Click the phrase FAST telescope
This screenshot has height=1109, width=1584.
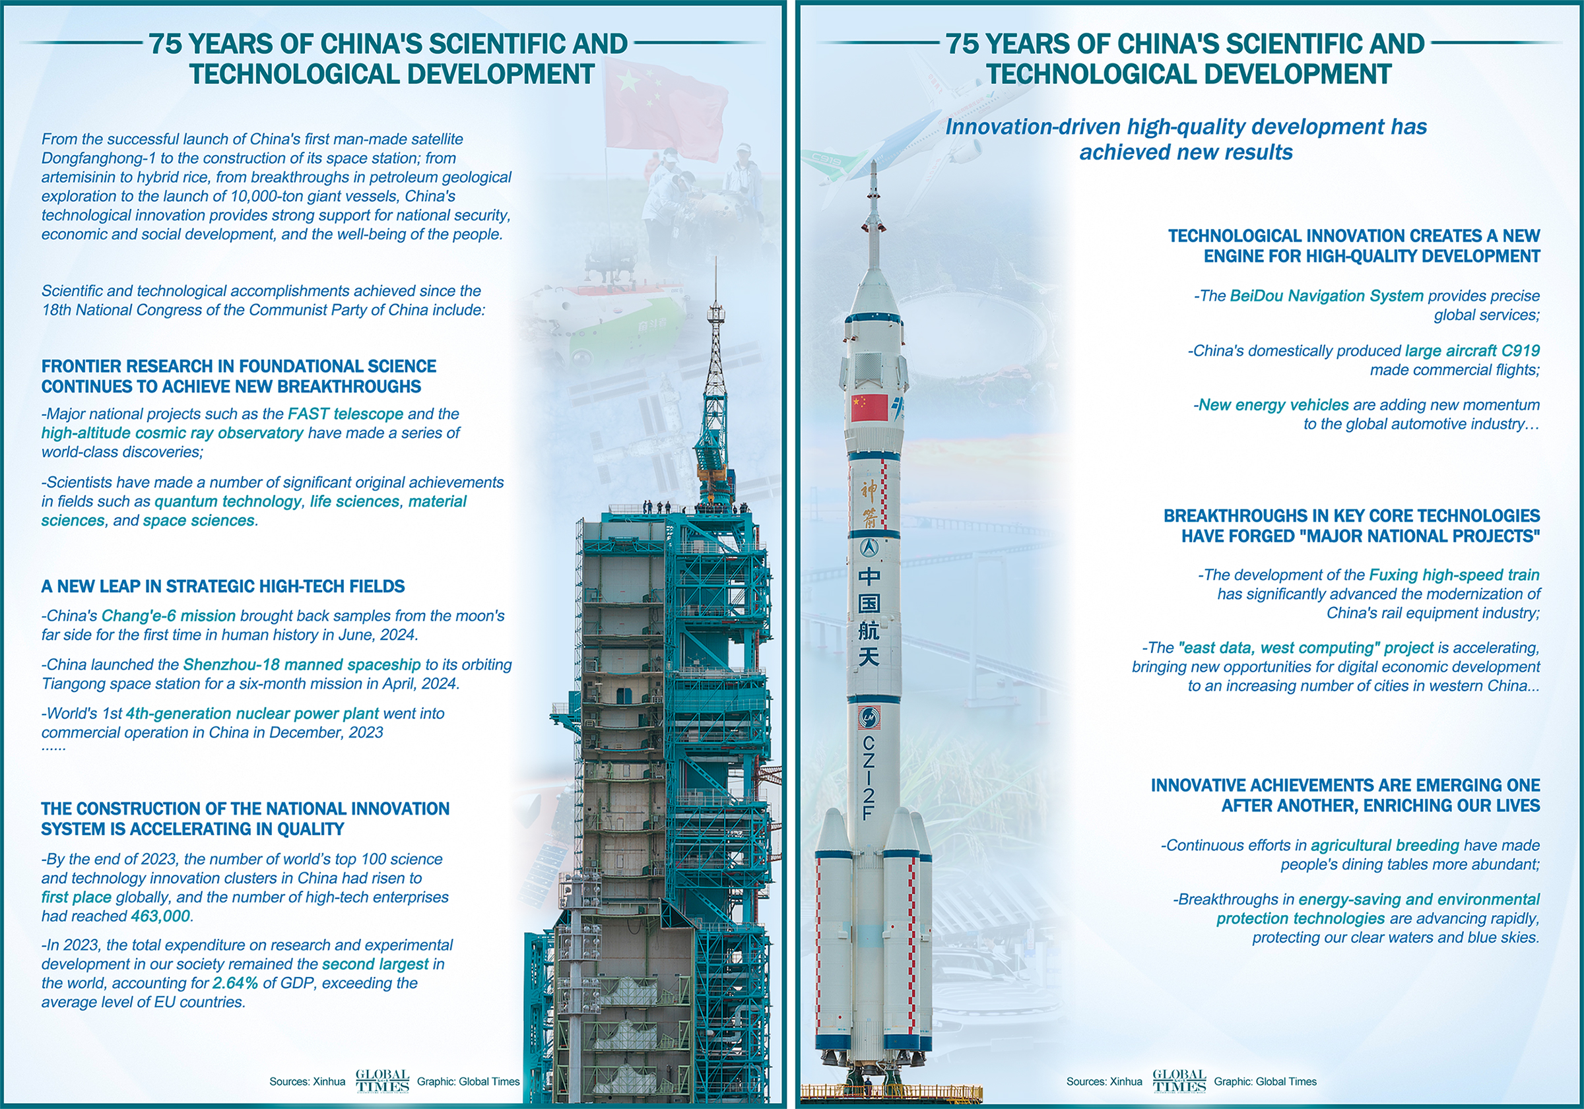click(345, 414)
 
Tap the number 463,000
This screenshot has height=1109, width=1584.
click(160, 916)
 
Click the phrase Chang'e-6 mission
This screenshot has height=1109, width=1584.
click(168, 616)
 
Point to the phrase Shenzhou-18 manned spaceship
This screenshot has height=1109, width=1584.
click(302, 665)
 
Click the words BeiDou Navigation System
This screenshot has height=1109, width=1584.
click(1326, 296)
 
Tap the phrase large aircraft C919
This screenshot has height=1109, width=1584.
click(1472, 350)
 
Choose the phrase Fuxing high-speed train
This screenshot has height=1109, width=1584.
click(1454, 575)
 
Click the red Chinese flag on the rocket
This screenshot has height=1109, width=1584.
click(869, 408)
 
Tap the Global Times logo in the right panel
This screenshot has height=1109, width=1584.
click(1178, 1081)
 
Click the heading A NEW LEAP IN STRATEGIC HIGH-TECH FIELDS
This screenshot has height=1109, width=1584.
click(223, 587)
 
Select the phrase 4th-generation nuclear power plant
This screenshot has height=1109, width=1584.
click(252, 714)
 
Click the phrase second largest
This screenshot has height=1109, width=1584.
click(376, 964)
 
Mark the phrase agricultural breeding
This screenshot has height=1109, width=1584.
click(1385, 846)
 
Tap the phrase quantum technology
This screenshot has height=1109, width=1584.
click(228, 501)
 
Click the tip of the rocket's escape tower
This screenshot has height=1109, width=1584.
click(874, 163)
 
